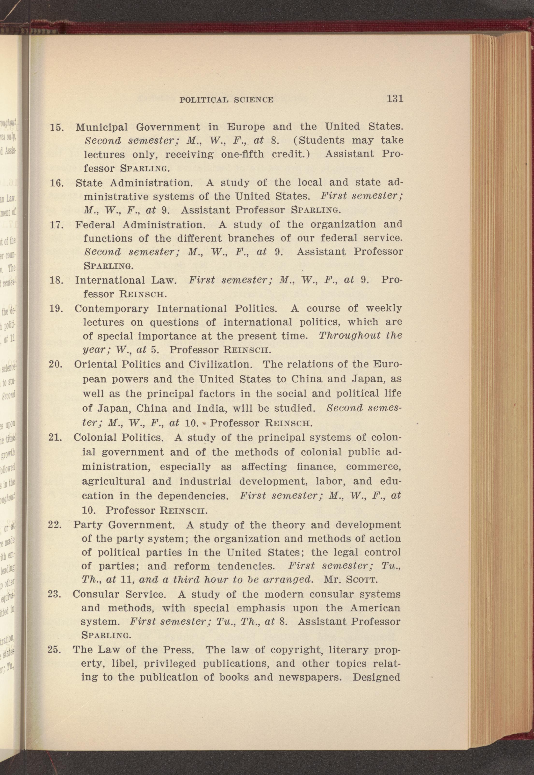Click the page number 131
(395, 99)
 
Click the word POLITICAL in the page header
(204, 100)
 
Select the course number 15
(57, 128)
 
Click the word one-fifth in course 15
(243, 155)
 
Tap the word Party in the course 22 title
(88, 525)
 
